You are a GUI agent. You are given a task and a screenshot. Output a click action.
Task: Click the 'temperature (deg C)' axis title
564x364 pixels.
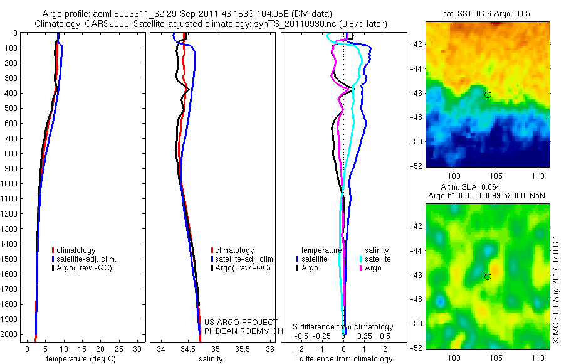[x=81, y=359]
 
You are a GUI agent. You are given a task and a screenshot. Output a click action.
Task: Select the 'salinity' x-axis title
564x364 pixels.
[x=211, y=359]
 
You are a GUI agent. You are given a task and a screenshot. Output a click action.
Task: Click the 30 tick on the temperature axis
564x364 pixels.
[x=137, y=350]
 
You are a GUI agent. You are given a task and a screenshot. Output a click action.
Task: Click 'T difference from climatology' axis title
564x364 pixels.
[x=342, y=359]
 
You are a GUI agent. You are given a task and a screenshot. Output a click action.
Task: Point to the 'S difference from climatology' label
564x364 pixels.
[x=343, y=327]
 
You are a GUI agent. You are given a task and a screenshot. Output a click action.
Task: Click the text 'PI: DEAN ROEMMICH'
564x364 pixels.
[x=244, y=331]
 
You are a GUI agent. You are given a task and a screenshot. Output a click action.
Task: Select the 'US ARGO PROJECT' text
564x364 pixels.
[x=241, y=322]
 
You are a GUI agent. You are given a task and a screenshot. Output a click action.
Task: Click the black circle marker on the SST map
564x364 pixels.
[x=488, y=95]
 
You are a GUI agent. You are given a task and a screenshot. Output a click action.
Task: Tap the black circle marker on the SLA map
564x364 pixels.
[x=488, y=277]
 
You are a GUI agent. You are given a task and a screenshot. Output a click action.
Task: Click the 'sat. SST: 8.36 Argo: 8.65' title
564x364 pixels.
[x=487, y=14]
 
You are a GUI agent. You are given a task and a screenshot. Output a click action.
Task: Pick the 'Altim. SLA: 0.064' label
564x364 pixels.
[x=471, y=187]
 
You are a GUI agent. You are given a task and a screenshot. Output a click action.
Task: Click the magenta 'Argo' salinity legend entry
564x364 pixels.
[x=369, y=268]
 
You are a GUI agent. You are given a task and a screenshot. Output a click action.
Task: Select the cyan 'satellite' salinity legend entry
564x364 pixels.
[x=375, y=259]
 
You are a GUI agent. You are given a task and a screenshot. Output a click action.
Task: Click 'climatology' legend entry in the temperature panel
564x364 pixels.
[x=74, y=250]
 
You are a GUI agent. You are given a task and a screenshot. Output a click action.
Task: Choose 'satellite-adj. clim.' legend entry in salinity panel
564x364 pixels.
[x=243, y=259]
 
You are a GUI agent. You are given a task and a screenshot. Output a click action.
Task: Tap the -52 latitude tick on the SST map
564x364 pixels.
[x=417, y=166]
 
